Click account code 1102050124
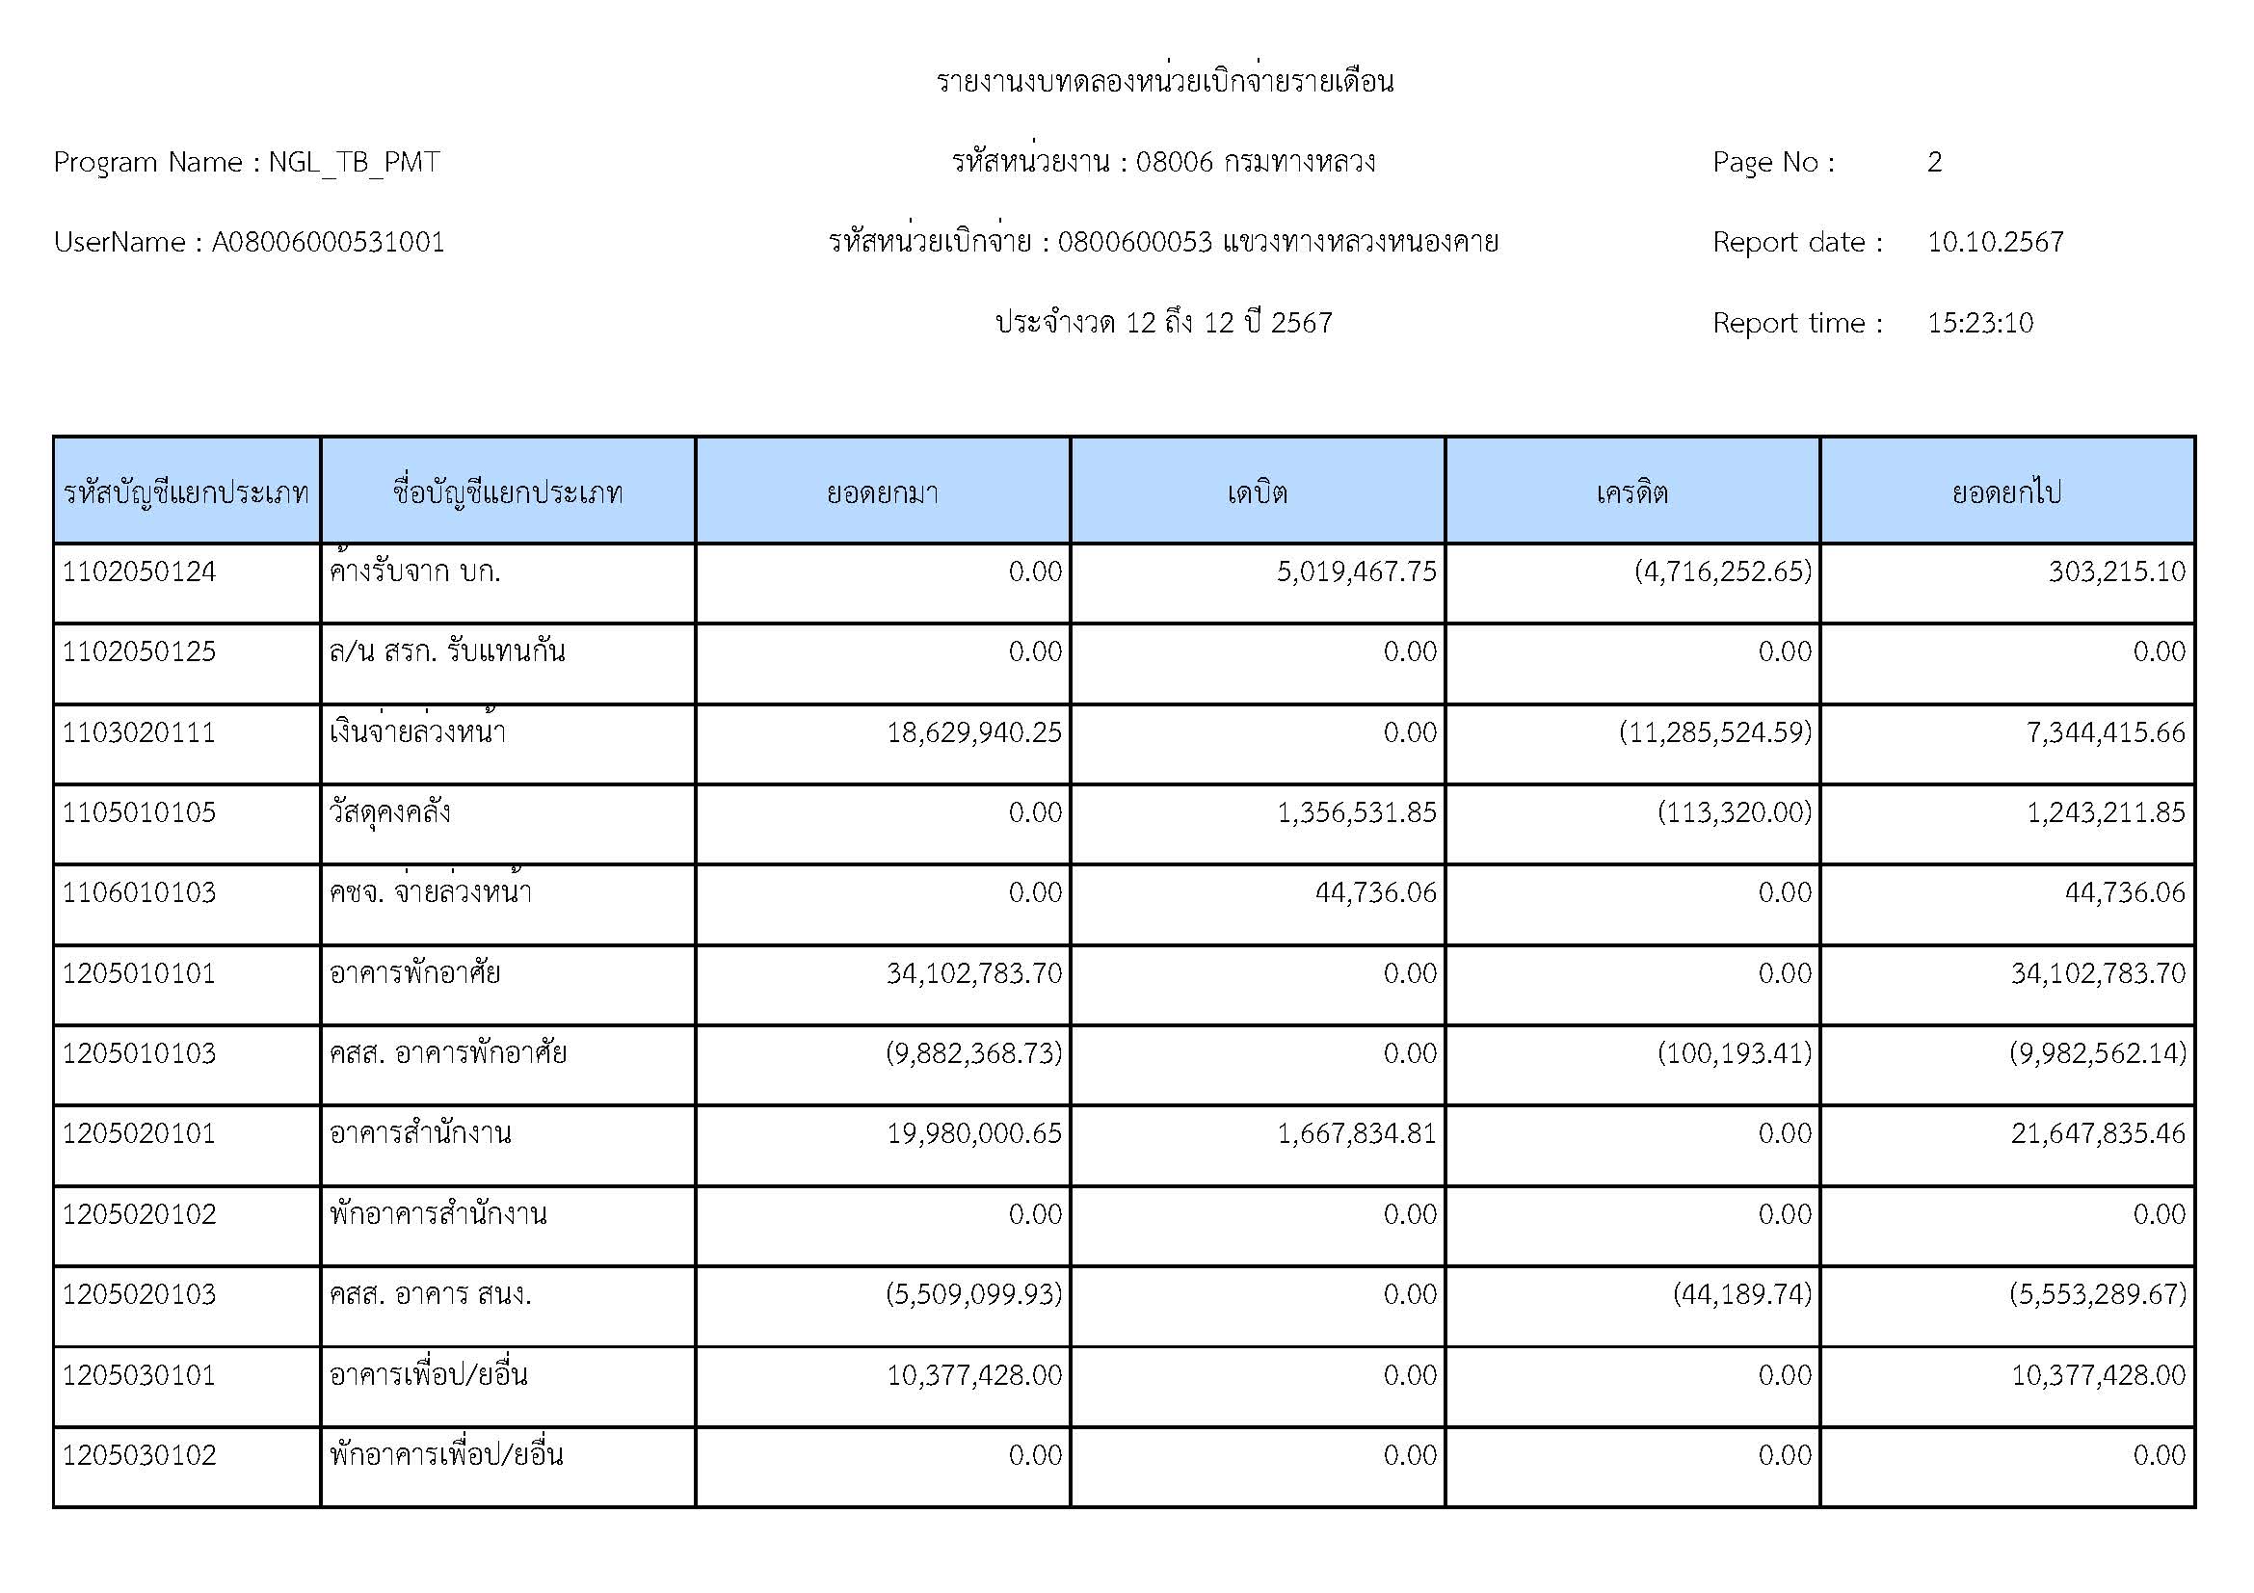click(140, 572)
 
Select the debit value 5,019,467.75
click(1356, 572)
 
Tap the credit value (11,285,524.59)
click(1714, 732)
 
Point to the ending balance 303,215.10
click(2115, 572)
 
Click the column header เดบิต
click(1257, 491)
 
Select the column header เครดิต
click(1631, 491)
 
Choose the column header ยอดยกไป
click(2005, 491)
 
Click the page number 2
click(1934, 162)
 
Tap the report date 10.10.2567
click(1995, 243)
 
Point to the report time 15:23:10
click(1979, 323)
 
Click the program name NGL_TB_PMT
click(354, 162)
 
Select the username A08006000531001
click(328, 243)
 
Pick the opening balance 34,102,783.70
click(974, 973)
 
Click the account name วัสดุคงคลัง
click(389, 812)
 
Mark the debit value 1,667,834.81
click(1356, 1133)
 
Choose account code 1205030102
click(140, 1454)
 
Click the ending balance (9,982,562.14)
click(2097, 1054)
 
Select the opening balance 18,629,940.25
click(974, 732)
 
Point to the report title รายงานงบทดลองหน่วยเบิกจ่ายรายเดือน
click(1164, 82)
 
